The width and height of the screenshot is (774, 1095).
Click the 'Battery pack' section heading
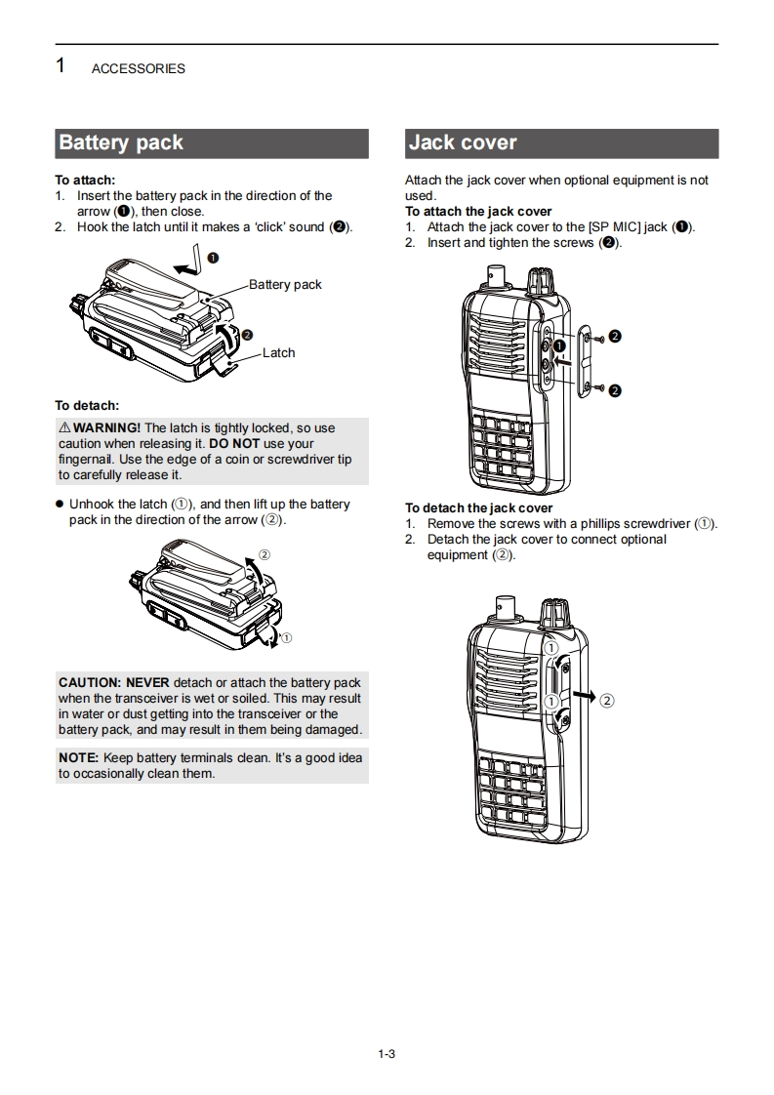(121, 143)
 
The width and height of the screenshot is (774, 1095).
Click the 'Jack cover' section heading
(463, 143)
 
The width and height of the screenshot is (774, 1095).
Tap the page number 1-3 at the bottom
(387, 1053)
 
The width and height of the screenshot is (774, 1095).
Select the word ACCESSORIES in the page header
(138, 69)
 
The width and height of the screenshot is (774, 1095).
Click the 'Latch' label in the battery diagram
(278, 353)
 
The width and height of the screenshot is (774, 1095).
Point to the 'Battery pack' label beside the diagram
(285, 285)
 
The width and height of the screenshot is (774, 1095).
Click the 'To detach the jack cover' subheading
(478, 508)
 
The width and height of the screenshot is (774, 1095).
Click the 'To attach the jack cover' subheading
(478, 212)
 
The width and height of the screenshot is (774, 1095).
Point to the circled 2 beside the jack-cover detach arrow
(607, 701)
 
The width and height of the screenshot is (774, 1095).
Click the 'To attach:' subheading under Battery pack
(85, 181)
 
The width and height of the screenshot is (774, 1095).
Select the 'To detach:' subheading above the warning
(87, 405)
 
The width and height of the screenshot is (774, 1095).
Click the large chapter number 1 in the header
(61, 66)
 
